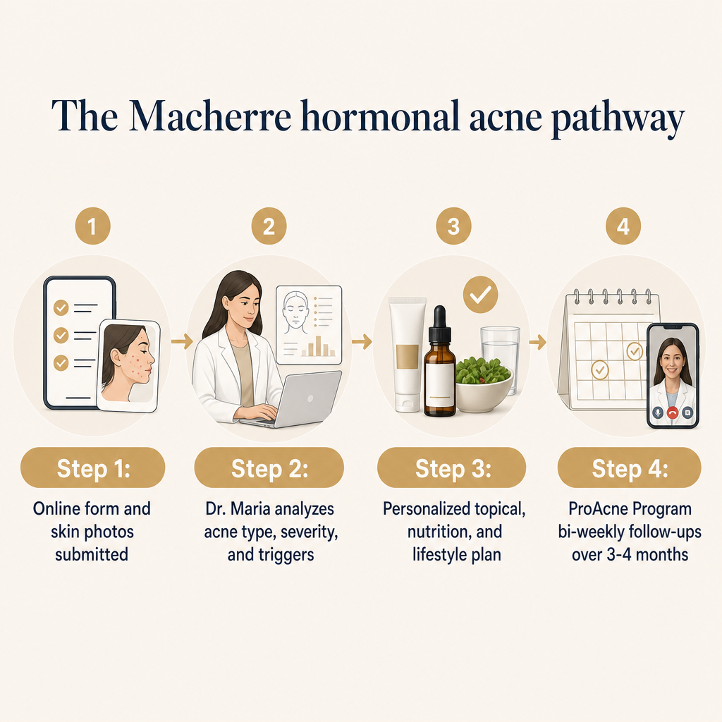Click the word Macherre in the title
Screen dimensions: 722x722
click(209, 116)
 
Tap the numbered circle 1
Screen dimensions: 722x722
click(92, 226)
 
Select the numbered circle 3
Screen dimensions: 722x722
click(453, 226)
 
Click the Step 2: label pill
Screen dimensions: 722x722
click(269, 467)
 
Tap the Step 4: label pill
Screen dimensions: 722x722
click(630, 467)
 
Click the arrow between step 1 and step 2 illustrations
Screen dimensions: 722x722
click(182, 341)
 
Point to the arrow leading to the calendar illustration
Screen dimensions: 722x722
click(537, 342)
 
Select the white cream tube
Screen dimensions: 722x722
click(407, 354)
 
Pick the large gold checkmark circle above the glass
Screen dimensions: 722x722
click(480, 295)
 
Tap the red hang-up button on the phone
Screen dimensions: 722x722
click(673, 412)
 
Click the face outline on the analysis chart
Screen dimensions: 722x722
click(295, 312)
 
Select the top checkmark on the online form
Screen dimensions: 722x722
click(61, 307)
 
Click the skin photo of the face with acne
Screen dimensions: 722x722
click(128, 365)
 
